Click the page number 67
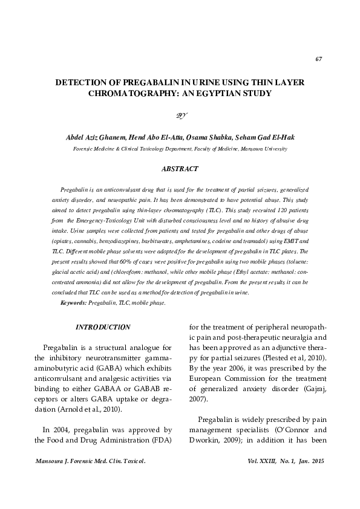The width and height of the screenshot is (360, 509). click(318, 59)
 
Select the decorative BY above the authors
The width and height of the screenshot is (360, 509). click(181, 115)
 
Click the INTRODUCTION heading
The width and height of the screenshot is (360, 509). click(102, 327)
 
